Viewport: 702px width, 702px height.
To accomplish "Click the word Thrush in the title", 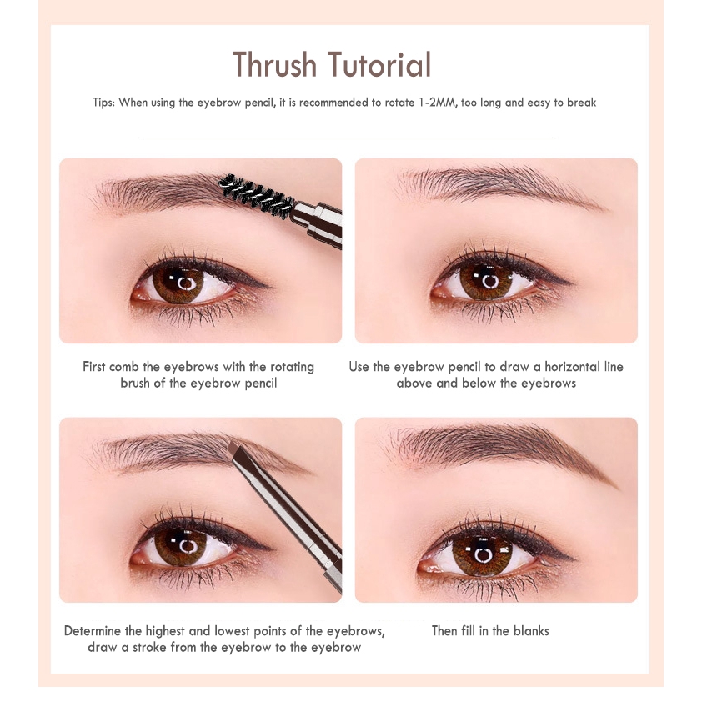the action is click(x=274, y=64).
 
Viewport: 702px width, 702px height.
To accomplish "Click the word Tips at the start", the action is click(x=104, y=103).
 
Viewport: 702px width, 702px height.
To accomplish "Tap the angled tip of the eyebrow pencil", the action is click(x=238, y=453).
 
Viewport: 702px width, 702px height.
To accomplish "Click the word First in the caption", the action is click(x=94, y=367).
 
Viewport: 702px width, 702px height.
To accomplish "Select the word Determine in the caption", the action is click(x=93, y=631).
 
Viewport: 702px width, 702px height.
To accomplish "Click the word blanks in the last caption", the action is click(x=531, y=631).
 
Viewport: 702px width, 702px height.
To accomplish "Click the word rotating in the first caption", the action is click(x=292, y=367).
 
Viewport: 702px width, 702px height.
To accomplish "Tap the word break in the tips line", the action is click(x=582, y=103).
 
